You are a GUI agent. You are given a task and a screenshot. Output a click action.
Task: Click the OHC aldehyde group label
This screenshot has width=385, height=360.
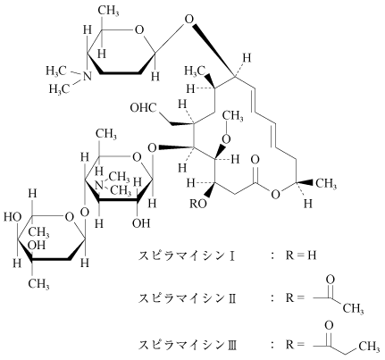click(144, 107)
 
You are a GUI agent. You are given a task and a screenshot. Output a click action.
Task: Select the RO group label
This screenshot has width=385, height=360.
click(198, 204)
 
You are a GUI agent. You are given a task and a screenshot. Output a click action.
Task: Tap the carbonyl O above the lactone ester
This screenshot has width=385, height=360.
click(255, 159)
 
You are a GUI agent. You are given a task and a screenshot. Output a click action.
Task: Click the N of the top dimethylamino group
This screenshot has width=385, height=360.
click(87, 77)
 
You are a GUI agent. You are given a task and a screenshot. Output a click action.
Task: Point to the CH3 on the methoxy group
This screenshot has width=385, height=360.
click(233, 116)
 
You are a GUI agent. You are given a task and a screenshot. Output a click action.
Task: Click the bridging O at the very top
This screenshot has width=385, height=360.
click(188, 20)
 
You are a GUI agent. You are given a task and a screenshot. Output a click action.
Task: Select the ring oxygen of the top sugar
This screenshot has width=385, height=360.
click(138, 30)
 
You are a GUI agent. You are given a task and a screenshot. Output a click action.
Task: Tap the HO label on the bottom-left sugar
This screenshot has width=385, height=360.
click(13, 217)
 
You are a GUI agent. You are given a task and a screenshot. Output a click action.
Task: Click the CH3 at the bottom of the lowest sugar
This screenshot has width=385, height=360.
click(38, 283)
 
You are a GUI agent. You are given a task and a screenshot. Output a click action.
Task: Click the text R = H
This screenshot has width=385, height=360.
click(301, 255)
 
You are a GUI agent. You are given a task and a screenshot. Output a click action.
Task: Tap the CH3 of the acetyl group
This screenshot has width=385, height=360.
click(353, 308)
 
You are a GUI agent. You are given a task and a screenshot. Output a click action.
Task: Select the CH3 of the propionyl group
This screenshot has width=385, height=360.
click(369, 347)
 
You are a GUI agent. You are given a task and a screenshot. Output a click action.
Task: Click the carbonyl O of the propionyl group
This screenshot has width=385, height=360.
click(329, 325)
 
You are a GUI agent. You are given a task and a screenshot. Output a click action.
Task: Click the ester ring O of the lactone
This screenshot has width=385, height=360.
click(276, 195)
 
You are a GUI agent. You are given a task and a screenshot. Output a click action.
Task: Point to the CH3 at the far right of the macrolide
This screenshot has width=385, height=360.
click(326, 184)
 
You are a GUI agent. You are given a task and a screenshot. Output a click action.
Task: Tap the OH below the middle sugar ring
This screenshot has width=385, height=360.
click(141, 222)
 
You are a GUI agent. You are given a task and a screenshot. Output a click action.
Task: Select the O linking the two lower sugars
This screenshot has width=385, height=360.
click(85, 213)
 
